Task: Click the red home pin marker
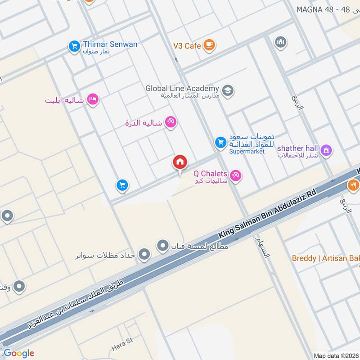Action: point(180,162)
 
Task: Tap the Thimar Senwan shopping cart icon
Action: point(74,46)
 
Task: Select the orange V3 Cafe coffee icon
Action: point(209,45)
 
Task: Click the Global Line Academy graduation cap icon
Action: point(228,90)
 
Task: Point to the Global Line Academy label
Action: point(182,89)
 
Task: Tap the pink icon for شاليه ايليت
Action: point(93,99)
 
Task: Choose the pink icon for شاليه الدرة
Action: point(170,122)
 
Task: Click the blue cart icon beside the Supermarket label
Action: point(220,143)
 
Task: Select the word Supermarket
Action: point(247,152)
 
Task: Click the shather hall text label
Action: point(297,148)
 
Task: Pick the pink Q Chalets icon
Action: point(235,175)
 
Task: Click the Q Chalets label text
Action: point(210,173)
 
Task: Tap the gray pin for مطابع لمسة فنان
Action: point(162,246)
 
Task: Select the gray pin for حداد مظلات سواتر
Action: point(144,255)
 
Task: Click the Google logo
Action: point(19,353)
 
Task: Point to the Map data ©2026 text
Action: point(335,355)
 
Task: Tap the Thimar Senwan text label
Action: point(110,44)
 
